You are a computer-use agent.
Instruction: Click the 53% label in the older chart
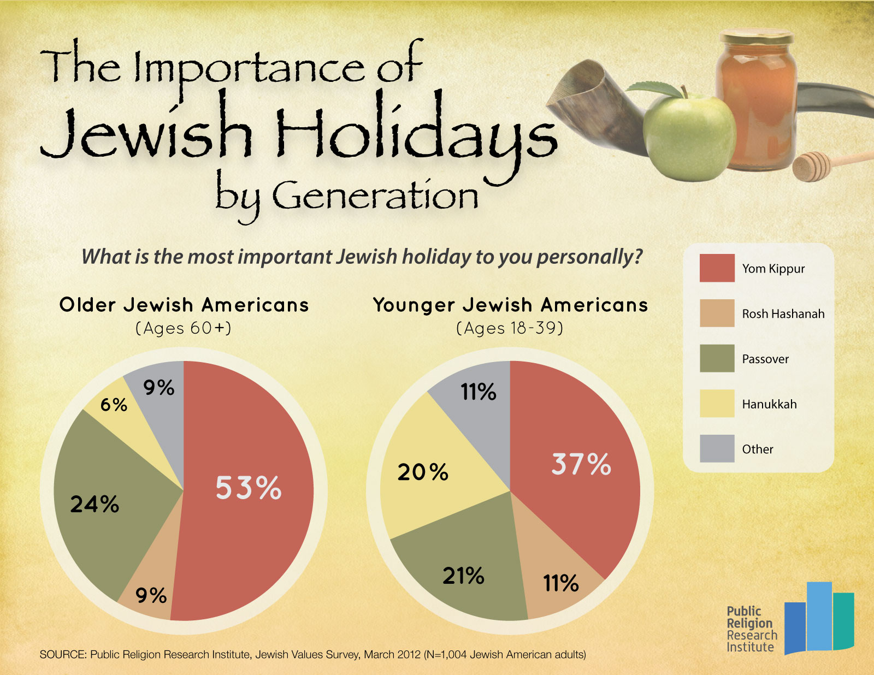(249, 488)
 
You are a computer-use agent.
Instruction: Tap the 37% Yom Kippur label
(581, 464)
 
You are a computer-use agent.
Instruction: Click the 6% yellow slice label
(114, 405)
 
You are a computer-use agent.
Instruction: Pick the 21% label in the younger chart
(463, 576)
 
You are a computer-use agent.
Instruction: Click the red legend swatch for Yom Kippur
(717, 268)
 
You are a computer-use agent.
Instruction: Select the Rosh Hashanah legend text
(783, 314)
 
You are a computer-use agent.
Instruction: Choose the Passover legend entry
(765, 359)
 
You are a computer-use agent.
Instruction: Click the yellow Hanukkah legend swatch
(717, 404)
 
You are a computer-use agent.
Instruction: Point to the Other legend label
(757, 449)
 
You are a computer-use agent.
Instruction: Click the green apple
(688, 137)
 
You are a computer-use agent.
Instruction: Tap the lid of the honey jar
(757, 38)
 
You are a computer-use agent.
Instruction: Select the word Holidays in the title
(415, 134)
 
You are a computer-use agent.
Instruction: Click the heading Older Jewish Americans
(184, 305)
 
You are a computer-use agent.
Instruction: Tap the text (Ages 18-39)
(510, 328)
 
